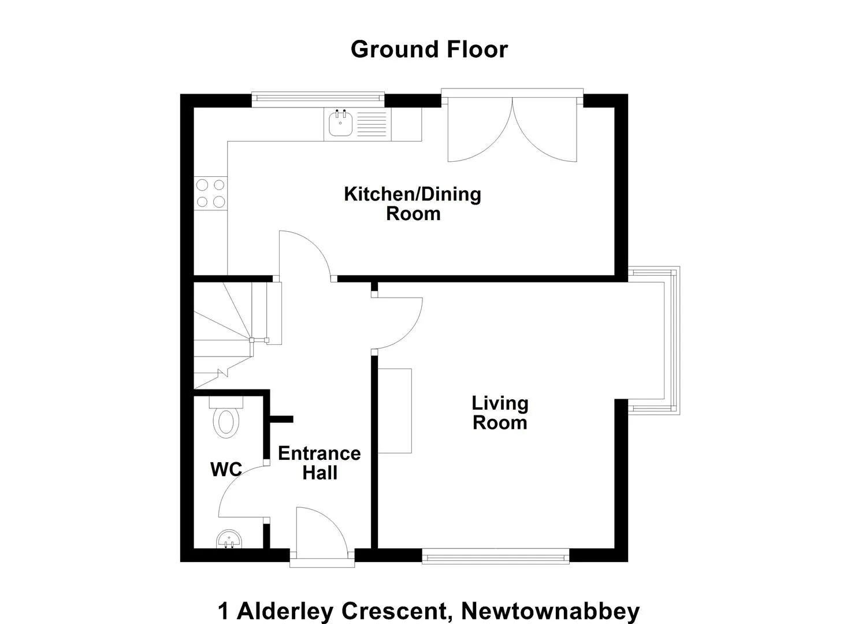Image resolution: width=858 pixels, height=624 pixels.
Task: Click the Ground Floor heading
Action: tap(429, 50)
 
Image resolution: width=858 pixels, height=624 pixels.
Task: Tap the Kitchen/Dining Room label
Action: tap(413, 204)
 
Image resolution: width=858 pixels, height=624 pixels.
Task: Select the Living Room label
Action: tap(500, 413)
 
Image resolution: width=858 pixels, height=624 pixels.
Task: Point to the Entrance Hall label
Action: tap(320, 463)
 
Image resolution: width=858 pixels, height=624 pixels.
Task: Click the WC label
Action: tap(226, 469)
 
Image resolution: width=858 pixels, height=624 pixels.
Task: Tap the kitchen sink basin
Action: tap(340, 123)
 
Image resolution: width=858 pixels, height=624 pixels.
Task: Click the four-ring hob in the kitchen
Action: tap(210, 193)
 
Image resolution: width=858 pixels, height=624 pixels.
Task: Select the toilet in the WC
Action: tap(226, 417)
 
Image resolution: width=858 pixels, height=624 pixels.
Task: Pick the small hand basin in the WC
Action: tap(229, 539)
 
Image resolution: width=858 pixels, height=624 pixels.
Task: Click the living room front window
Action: tap(496, 556)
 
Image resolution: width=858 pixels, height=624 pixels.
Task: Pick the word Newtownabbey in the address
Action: tap(551, 611)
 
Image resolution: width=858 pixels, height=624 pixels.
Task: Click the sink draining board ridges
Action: tap(372, 124)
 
